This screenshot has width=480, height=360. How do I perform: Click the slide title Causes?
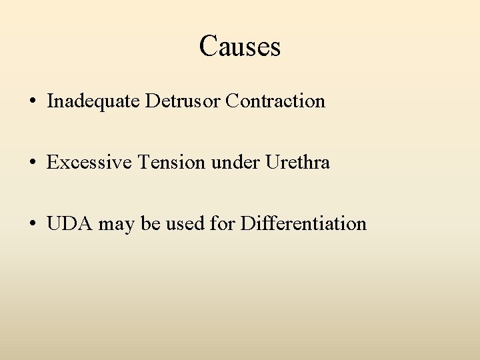pyautogui.click(x=239, y=46)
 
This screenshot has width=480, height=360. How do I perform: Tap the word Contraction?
pyautogui.click(x=275, y=101)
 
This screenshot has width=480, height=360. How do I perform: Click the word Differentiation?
pyautogui.click(x=303, y=223)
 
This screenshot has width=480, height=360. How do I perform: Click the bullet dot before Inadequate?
pyautogui.click(x=33, y=102)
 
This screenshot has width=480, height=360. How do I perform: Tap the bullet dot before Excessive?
pyautogui.click(x=33, y=163)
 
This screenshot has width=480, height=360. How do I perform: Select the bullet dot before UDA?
pyautogui.click(x=33, y=224)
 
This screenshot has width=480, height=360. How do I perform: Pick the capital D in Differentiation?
pyautogui.click(x=247, y=223)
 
